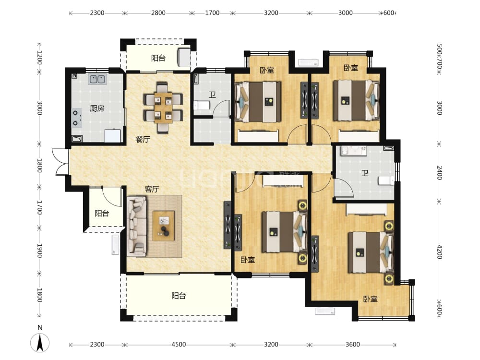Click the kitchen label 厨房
click(97, 108)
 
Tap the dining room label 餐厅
click(143, 139)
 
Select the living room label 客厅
click(152, 189)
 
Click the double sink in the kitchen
click(97, 79)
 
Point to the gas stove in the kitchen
click(77, 118)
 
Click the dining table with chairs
click(163, 107)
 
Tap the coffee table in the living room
click(164, 226)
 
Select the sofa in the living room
click(137, 226)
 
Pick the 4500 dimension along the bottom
click(179, 344)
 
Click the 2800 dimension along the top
click(158, 13)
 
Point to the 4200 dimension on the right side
click(440, 252)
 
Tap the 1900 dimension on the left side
click(39, 251)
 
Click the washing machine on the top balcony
click(184, 56)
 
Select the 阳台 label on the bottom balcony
click(179, 296)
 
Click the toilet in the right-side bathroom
click(386, 180)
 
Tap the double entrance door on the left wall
click(60, 162)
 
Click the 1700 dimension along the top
click(212, 13)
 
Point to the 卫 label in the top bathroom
click(212, 95)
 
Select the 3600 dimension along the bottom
click(353, 344)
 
